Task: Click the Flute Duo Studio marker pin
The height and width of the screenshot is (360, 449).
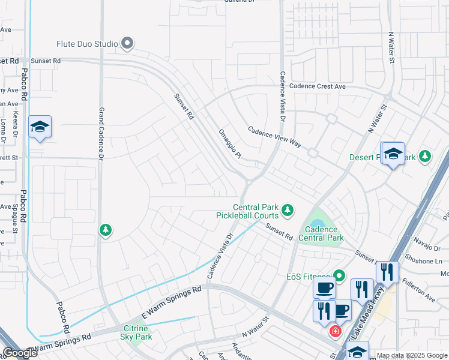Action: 127,43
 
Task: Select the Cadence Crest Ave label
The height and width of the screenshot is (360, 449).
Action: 318,86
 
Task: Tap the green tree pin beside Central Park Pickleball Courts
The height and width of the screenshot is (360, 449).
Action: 288,210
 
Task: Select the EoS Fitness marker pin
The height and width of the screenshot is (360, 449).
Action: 340,276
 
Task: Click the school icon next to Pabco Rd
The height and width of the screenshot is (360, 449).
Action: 40,127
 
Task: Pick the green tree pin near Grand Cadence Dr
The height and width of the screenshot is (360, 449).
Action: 106,230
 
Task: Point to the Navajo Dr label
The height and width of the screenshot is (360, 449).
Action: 427,240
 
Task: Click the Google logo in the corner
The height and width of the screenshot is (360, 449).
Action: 20,353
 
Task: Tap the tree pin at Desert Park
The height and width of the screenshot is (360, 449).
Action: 426,157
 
